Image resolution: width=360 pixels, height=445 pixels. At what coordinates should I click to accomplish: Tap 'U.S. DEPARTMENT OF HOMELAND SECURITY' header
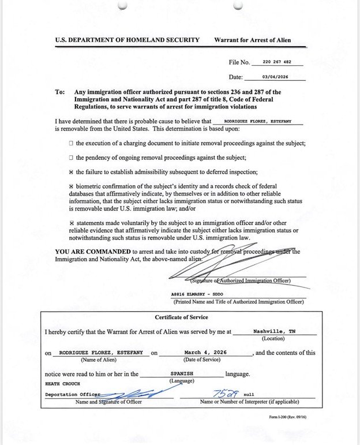(x=127, y=40)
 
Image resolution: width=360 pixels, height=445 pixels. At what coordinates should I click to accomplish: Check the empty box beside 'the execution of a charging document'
(x=71, y=143)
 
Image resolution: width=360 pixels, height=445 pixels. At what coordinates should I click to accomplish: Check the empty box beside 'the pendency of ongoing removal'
(x=71, y=157)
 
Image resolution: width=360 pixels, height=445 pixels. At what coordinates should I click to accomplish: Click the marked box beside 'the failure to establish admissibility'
(x=71, y=171)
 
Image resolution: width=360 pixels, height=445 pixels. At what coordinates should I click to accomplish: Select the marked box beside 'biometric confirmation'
(x=71, y=186)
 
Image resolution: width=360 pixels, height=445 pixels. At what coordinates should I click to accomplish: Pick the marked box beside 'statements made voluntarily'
(x=71, y=223)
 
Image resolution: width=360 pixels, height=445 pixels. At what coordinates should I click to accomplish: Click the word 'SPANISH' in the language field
(x=182, y=373)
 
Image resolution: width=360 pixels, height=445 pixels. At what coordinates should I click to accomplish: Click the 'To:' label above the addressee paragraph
(x=60, y=92)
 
